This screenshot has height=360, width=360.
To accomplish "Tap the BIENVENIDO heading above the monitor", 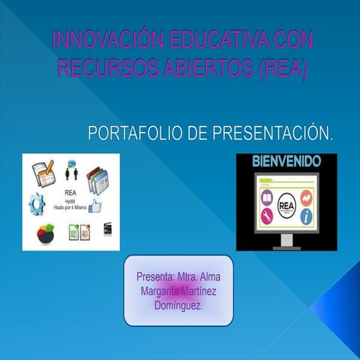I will click(x=286, y=161).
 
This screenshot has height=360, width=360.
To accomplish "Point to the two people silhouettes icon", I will click(x=73, y=175).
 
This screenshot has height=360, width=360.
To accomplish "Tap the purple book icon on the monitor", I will click(x=265, y=197).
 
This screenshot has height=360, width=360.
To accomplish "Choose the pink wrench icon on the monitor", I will click(x=265, y=217).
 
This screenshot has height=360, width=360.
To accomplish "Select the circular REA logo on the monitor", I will click(x=286, y=205).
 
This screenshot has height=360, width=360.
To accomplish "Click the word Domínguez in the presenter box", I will click(x=178, y=306).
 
